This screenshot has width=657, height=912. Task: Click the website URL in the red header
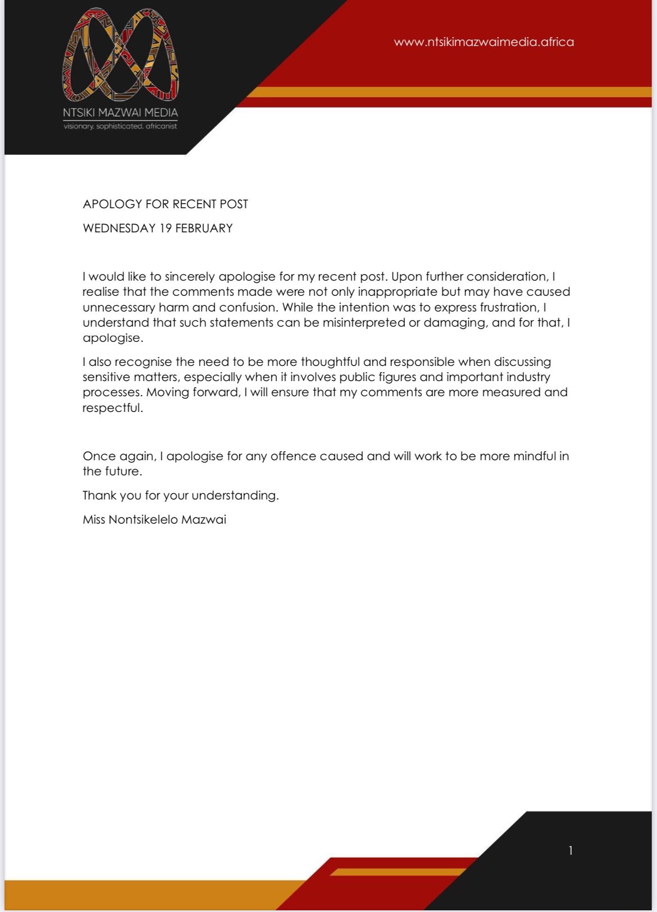point(483,42)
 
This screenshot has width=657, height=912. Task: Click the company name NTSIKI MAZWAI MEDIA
point(120,112)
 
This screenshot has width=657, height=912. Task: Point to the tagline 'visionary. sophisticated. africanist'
point(120,126)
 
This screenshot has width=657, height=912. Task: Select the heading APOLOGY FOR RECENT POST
point(165,204)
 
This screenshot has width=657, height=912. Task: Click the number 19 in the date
point(165,228)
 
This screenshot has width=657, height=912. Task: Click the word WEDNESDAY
point(119,228)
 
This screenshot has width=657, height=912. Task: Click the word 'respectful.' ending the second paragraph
point(113,408)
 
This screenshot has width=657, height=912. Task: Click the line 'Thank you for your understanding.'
point(181,496)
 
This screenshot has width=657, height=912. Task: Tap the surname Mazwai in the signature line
point(204,520)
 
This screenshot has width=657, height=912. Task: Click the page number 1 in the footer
point(571,851)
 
